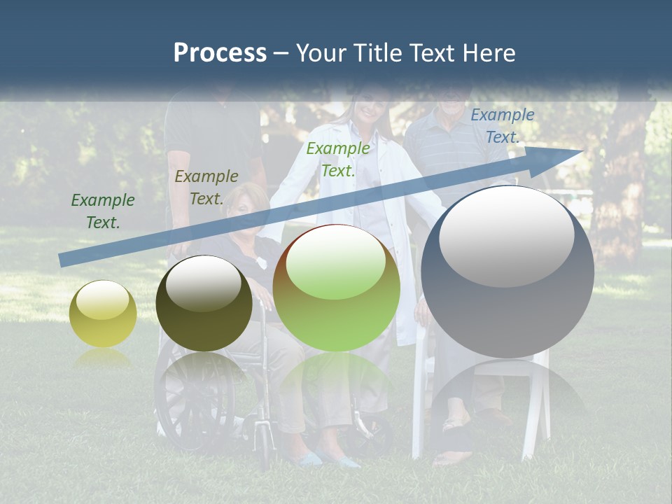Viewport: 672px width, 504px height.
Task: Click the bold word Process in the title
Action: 220,53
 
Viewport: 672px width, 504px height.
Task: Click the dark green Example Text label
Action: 103,211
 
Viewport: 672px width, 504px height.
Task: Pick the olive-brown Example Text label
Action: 206,188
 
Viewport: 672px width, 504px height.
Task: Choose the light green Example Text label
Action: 338,160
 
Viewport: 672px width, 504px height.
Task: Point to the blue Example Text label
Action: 503,126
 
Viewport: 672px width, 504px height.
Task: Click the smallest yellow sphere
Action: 103,314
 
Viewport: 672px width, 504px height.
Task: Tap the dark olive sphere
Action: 204,304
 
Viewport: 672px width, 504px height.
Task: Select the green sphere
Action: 336,288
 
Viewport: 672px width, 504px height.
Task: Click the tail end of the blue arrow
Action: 62,260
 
